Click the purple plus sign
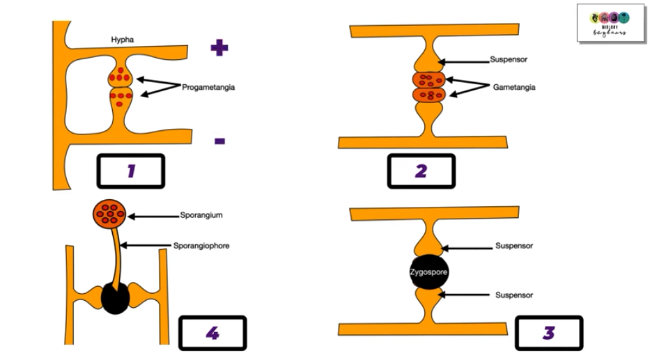[219, 48]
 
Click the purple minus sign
[219, 141]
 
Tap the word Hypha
[122, 40]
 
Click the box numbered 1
[130, 171]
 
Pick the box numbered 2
[421, 171]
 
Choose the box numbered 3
[549, 333]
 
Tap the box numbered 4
[212, 333]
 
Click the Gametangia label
[514, 88]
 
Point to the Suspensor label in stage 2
[509, 60]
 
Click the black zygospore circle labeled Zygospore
[429, 272]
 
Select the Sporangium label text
[201, 216]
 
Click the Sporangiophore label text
[201, 246]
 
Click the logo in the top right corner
[610, 23]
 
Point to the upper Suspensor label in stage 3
[514, 246]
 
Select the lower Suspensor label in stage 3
[514, 295]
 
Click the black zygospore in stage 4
[115, 298]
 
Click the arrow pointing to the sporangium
[152, 217]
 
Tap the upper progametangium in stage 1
[121, 75]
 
